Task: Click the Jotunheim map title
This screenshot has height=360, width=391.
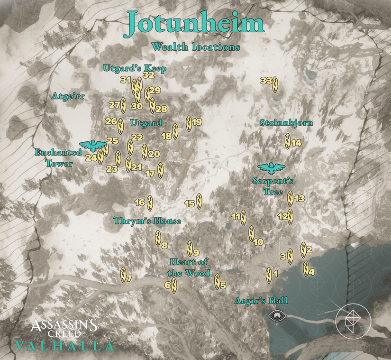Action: coord(194,25)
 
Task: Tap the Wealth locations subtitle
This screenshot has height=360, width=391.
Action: coord(196,47)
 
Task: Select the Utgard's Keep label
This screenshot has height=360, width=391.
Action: coord(135,68)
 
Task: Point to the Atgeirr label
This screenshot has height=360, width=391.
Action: coord(68,96)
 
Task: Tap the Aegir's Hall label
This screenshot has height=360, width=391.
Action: coord(261,301)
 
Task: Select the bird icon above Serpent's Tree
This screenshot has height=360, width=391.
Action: coord(272,167)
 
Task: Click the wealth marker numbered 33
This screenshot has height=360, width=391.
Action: coord(275,84)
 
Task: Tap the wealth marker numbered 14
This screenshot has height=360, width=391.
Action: coord(288,141)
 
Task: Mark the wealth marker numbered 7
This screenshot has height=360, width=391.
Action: coord(123,275)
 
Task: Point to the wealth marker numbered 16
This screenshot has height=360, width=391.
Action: coord(150,203)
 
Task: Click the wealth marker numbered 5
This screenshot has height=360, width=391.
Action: coord(217,282)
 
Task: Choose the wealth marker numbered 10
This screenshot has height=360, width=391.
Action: coord(252,233)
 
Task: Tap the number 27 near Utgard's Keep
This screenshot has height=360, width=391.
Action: coord(114,105)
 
